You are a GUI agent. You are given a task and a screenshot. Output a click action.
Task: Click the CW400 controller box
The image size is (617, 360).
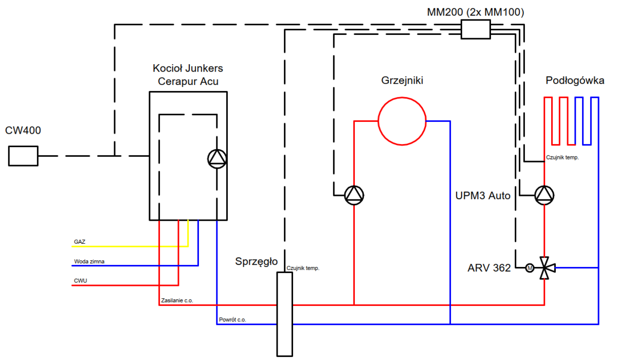pyautogui.click(x=23, y=156)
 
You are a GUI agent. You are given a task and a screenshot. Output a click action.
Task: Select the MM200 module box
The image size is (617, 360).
pyautogui.click(x=476, y=29)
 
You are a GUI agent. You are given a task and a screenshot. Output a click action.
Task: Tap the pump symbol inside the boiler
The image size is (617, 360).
pyautogui.click(x=217, y=159)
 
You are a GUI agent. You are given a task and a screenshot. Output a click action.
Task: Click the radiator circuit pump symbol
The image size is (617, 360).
pyautogui.click(x=354, y=195)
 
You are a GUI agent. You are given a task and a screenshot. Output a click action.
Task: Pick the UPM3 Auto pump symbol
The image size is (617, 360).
pyautogui.click(x=544, y=195)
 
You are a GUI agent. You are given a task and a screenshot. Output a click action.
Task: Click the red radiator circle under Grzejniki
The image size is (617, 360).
pyautogui.click(x=402, y=121)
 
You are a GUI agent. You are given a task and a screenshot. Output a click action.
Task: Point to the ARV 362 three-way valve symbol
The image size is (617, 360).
pyautogui.click(x=545, y=268)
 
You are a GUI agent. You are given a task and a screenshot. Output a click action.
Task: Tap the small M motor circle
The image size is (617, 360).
pyautogui.click(x=529, y=268)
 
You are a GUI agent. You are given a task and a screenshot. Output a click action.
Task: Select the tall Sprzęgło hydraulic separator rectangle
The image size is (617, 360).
pyautogui.click(x=284, y=314)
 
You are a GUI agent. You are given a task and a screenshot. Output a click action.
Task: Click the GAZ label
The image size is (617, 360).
pyautogui.click(x=80, y=241)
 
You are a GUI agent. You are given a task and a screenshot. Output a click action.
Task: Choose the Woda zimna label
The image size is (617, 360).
pyautogui.click(x=89, y=261)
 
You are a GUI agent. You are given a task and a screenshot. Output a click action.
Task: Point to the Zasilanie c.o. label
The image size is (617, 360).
pyautogui.click(x=177, y=300)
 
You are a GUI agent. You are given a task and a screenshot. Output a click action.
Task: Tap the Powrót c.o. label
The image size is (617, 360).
pyautogui.click(x=232, y=320)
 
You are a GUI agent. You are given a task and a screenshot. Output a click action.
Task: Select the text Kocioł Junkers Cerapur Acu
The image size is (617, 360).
pyautogui.click(x=188, y=75)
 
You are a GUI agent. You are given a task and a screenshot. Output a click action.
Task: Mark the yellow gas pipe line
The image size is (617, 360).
pyautogui.click(x=129, y=246)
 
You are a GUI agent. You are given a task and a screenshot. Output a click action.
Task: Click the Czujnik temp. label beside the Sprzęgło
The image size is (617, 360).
pyautogui.click(x=303, y=268)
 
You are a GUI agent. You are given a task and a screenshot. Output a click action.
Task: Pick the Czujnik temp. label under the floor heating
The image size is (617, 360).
pyautogui.click(x=562, y=158)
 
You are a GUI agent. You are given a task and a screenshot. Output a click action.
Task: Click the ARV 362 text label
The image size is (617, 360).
pyautogui.click(x=489, y=268)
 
